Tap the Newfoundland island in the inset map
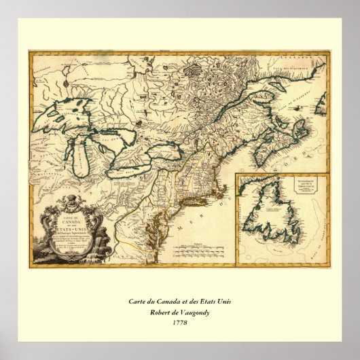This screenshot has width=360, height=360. [278, 214]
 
